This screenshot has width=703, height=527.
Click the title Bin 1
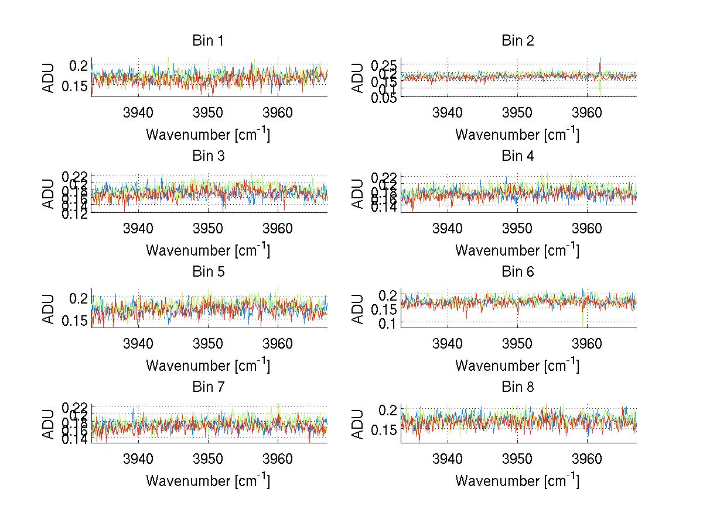pos(208,41)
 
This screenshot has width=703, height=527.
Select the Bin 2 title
pos(518,41)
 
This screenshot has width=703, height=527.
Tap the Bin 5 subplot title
pos(208,272)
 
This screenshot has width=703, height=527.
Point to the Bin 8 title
pos(518,387)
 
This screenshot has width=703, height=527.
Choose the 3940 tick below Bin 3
pos(138,228)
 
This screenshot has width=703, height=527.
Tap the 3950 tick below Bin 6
pos(518,343)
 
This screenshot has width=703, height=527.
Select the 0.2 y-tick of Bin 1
pos(80,64)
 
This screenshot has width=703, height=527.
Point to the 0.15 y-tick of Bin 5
pos(75,321)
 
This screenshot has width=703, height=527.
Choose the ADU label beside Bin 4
pos(359,193)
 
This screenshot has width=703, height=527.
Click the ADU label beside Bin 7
pos(49,424)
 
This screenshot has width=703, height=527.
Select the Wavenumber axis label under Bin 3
pos(208,250)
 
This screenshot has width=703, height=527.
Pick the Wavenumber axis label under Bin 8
pos(518,481)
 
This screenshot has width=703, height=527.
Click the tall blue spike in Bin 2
pos(600,63)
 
